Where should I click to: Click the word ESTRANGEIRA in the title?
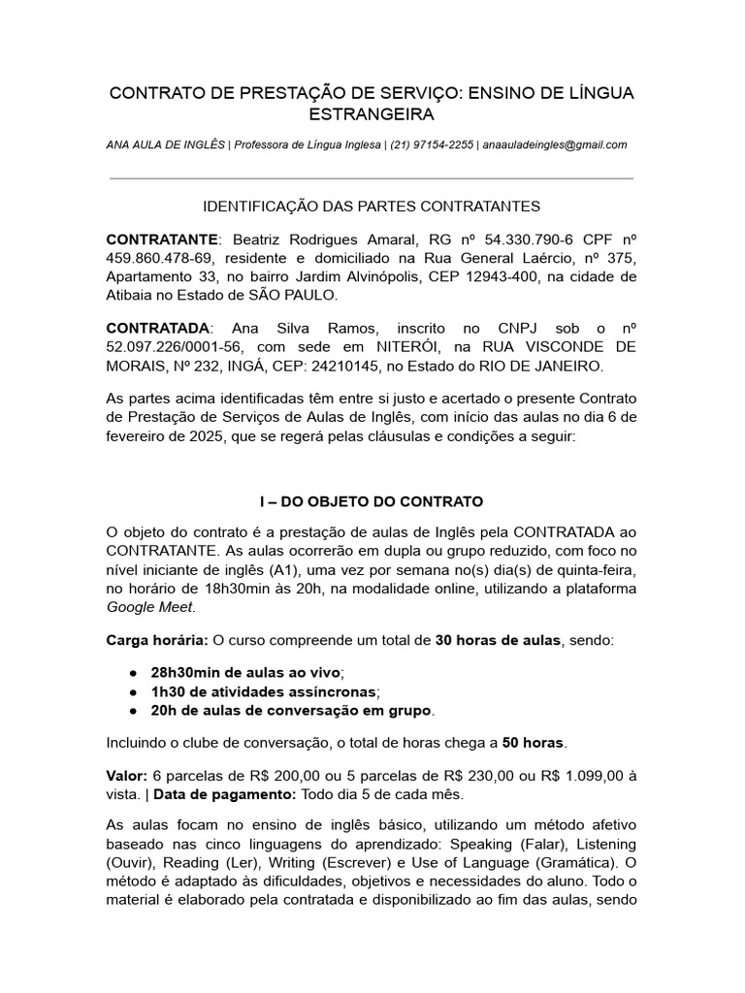click(372, 115)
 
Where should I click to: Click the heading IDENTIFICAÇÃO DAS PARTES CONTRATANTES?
click(372, 207)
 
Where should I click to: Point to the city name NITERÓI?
click(391, 347)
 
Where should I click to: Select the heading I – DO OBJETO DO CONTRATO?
click(372, 502)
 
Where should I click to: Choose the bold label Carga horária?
click(156, 640)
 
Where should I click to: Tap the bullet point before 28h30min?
click(132, 672)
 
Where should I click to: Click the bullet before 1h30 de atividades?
click(132, 691)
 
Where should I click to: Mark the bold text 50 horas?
click(533, 744)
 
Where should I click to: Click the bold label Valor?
click(127, 777)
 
